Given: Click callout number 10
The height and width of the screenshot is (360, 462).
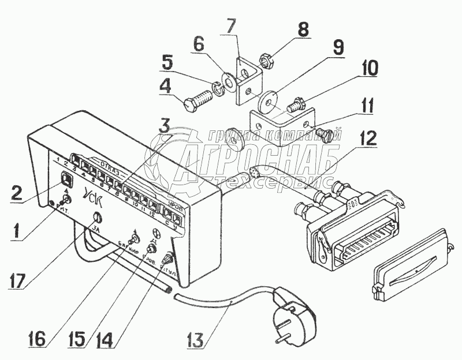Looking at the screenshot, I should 370,68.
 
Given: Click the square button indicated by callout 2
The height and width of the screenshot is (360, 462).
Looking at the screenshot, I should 66,179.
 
